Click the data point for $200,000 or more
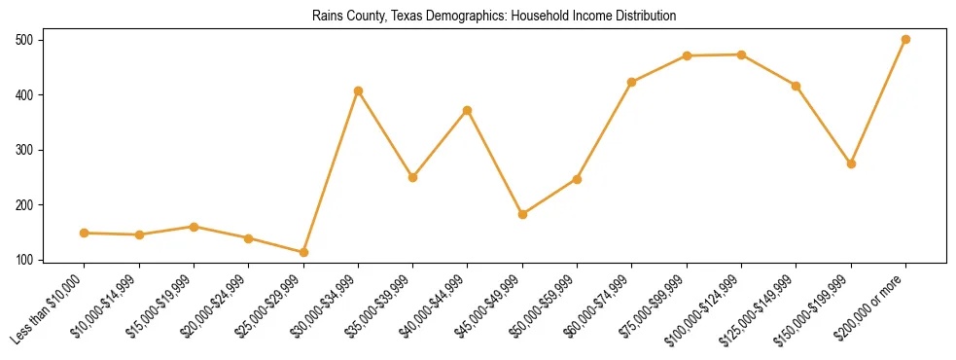pos(905,40)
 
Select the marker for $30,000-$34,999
pos(358,90)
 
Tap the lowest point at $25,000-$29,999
pos(303,253)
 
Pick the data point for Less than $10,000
pos(85,234)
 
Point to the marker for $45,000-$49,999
pos(522,214)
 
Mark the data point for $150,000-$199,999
pos(851,163)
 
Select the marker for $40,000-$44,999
pos(468,110)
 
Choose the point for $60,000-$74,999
pos(632,82)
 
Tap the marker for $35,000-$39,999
pos(412,177)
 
